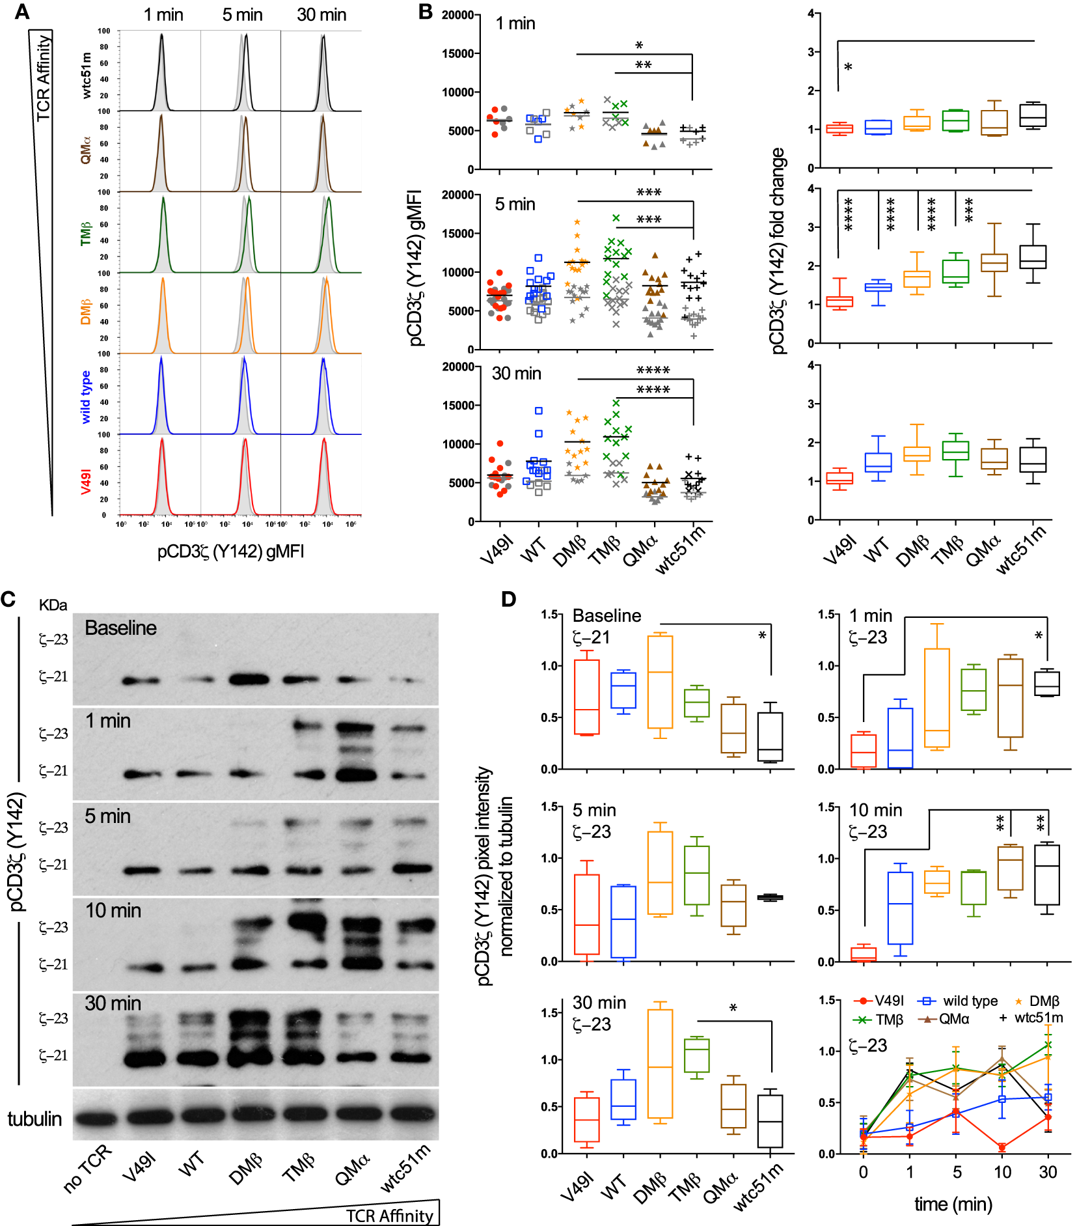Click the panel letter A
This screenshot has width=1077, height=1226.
coord(21,11)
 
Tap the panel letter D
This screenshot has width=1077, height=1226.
coord(508,599)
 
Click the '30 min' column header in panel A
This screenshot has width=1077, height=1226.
coord(321,15)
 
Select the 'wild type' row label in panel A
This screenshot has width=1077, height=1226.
coord(86,397)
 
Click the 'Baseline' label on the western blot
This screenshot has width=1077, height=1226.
coord(120,628)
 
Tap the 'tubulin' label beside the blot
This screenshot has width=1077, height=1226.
coord(34,1119)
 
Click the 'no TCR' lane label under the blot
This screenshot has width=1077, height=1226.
coord(88,1169)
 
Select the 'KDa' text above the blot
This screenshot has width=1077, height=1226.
coord(53,605)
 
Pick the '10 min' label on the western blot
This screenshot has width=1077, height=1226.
coord(113,910)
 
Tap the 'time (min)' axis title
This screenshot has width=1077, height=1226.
coord(953,1204)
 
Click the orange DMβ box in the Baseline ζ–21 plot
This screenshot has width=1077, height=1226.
coord(660,682)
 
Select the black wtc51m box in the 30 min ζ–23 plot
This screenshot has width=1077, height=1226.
coord(770,1121)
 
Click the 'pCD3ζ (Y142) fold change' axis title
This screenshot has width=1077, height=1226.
coord(778,251)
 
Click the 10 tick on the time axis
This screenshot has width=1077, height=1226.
coord(1002,1172)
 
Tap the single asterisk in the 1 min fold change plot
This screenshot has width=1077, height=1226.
coord(848,68)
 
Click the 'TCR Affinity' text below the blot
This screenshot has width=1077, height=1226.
coord(389,1216)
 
